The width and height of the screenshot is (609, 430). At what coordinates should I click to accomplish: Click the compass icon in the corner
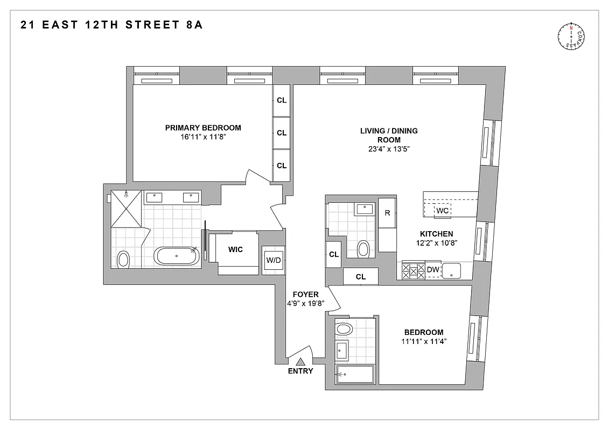point(571,37)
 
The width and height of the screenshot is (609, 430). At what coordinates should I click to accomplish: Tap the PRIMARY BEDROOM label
point(203,128)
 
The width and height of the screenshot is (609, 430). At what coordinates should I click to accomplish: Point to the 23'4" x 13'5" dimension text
point(389,149)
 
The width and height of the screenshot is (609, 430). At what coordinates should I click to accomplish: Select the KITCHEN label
point(436,234)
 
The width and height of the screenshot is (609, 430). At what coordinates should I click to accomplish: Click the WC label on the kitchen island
point(442,210)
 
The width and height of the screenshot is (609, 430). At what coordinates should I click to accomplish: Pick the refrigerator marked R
point(387,212)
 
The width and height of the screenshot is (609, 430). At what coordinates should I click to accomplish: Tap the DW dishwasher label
point(433,270)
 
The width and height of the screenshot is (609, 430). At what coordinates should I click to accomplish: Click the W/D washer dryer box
point(273,261)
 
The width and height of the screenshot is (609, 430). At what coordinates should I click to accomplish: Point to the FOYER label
point(305,295)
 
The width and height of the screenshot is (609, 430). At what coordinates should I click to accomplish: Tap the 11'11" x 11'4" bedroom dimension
point(423,341)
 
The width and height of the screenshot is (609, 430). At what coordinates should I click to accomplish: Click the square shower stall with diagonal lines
point(127,207)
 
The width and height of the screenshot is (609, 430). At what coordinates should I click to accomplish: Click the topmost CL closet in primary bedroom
point(282,101)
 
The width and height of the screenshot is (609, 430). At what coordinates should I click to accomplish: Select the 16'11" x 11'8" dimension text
point(203,137)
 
